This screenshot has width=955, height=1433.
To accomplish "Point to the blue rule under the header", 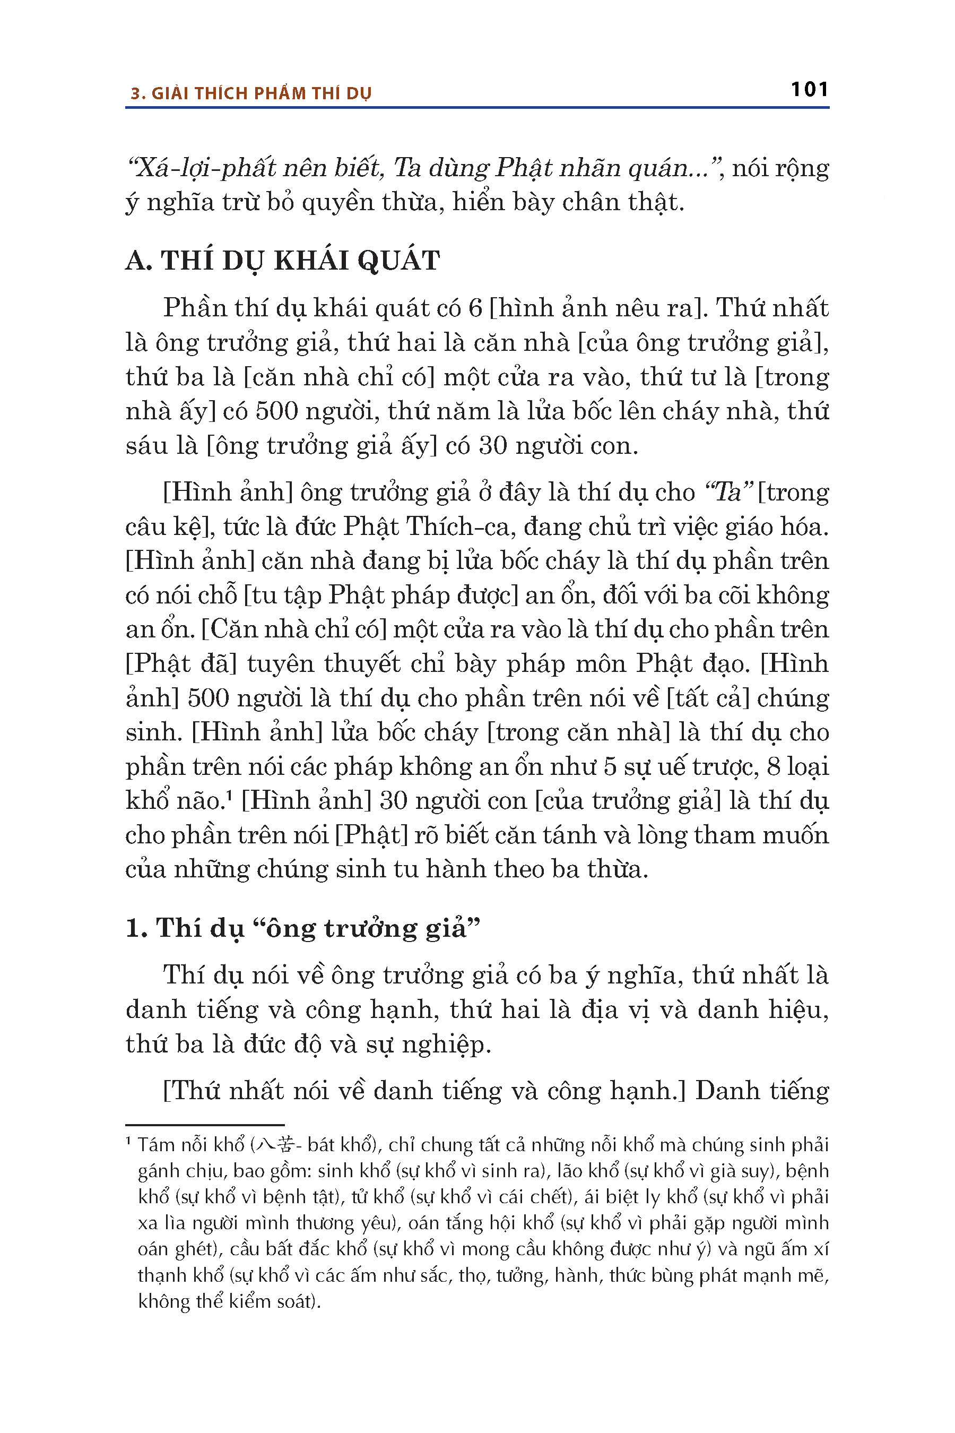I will (x=477, y=108).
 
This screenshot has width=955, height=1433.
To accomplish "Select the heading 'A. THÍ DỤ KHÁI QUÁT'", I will (x=282, y=260).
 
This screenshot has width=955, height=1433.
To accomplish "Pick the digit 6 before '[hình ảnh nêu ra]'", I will (x=475, y=308).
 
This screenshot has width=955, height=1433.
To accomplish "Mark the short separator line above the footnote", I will (x=205, y=1125).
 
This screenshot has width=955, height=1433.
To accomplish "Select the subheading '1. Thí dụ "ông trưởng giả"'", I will (x=303, y=928).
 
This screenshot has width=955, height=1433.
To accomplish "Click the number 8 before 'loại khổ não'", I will (x=774, y=766).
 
